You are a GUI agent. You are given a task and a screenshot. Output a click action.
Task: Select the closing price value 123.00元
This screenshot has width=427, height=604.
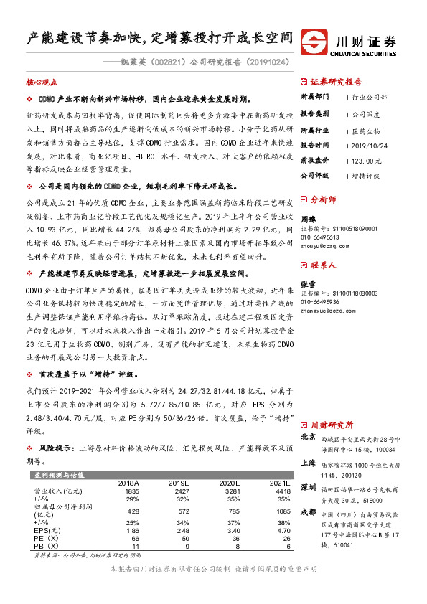(x=367, y=161)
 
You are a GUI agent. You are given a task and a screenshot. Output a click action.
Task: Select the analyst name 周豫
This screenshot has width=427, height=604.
(x=307, y=219)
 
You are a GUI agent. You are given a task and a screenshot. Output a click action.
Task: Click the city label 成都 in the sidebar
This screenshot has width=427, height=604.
(x=308, y=511)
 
